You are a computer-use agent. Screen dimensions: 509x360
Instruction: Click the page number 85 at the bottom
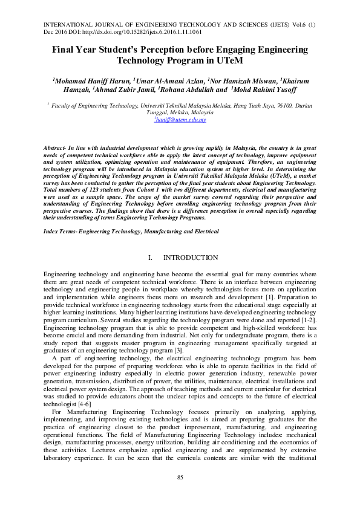click(x=180, y=478)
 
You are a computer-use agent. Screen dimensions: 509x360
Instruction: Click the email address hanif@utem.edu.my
click(x=180, y=120)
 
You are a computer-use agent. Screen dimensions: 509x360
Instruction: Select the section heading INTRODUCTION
click(x=191, y=258)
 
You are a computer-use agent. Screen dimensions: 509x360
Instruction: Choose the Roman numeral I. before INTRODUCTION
click(x=150, y=258)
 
